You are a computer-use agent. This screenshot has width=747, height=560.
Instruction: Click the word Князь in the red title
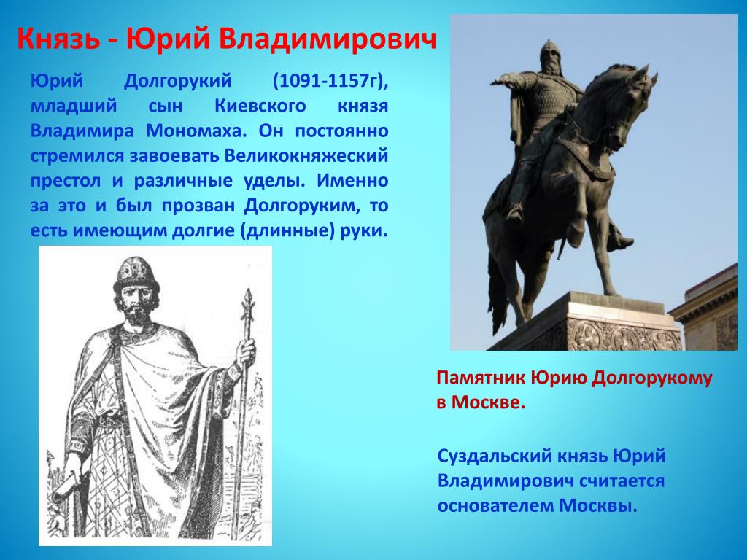pyautogui.click(x=58, y=39)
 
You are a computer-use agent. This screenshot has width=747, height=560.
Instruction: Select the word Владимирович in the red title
pyautogui.click(x=328, y=39)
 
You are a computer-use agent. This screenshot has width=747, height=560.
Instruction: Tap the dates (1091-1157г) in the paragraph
pyautogui.click(x=330, y=82)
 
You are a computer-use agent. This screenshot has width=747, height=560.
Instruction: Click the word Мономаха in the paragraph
pyautogui.click(x=196, y=131)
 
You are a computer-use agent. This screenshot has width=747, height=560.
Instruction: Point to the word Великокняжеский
pyautogui.click(x=306, y=156)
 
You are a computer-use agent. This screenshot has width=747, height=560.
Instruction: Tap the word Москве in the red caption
pyautogui.click(x=488, y=402)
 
